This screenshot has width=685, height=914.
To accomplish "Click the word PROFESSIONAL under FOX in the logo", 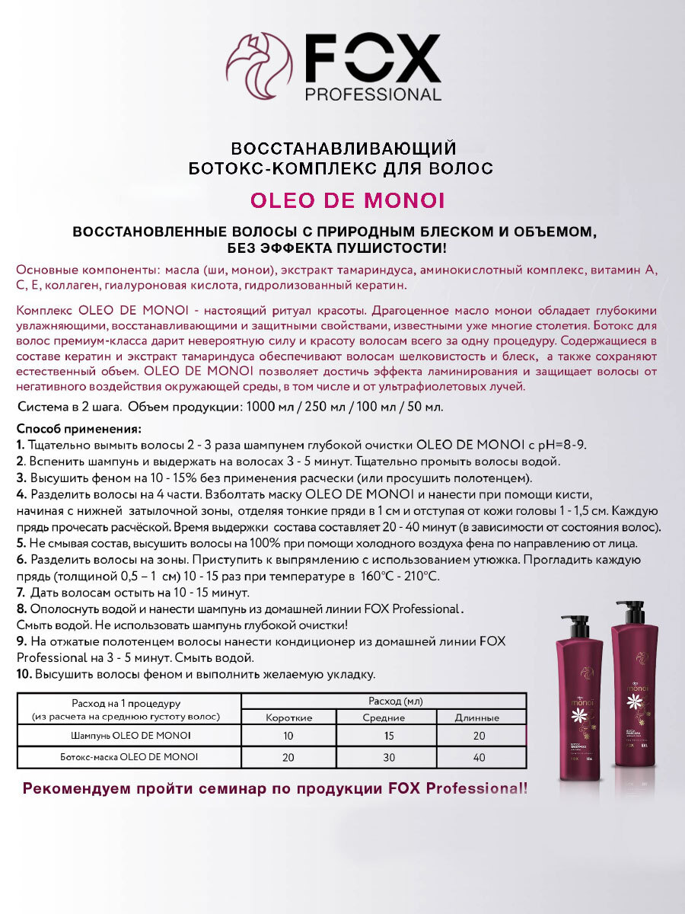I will click(373, 95).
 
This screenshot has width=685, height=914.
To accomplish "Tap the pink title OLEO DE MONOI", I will click(348, 200).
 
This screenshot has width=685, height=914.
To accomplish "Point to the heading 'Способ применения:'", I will click(78, 429).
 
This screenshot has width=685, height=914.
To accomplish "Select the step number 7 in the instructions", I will click(20, 593).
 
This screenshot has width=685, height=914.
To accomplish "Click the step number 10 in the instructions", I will click(23, 675).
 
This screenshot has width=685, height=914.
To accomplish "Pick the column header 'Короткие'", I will click(289, 717).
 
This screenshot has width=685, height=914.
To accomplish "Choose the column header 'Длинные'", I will click(476, 717).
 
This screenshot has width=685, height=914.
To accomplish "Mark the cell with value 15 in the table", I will click(387, 736).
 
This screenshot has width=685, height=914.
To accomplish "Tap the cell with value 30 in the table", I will click(387, 757).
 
